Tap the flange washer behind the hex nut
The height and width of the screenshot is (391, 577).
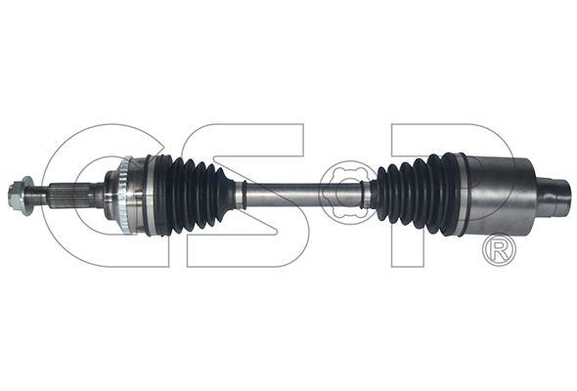[27, 195]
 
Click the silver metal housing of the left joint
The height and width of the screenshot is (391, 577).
[139, 195]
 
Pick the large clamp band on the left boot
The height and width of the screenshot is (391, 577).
[150, 195]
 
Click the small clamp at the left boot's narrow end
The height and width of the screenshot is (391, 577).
[241, 195]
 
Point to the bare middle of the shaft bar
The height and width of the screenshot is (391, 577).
[303, 195]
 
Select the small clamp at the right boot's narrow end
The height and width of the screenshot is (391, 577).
[366, 195]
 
